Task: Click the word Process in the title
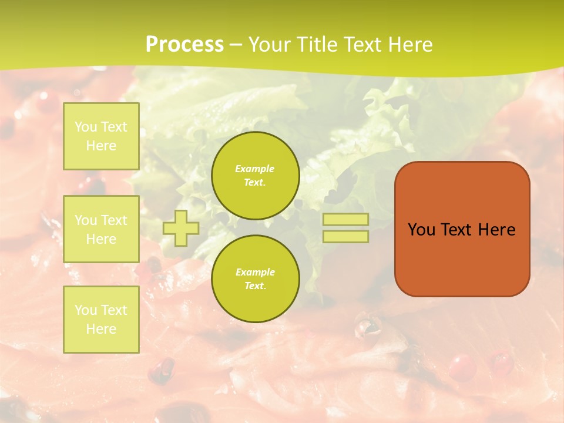point(184,45)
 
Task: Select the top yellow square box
point(101,136)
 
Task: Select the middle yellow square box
point(101,229)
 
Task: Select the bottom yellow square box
point(101,319)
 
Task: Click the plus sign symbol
point(181,228)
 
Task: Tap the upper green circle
point(255,176)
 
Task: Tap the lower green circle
point(255,278)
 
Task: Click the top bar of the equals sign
point(345,219)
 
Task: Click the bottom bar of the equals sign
point(345,236)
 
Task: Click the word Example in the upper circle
point(254,169)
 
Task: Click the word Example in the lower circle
point(254,272)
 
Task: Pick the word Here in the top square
point(101,146)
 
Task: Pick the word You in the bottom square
point(86,310)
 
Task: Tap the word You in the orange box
point(422,230)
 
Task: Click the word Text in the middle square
point(113,220)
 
